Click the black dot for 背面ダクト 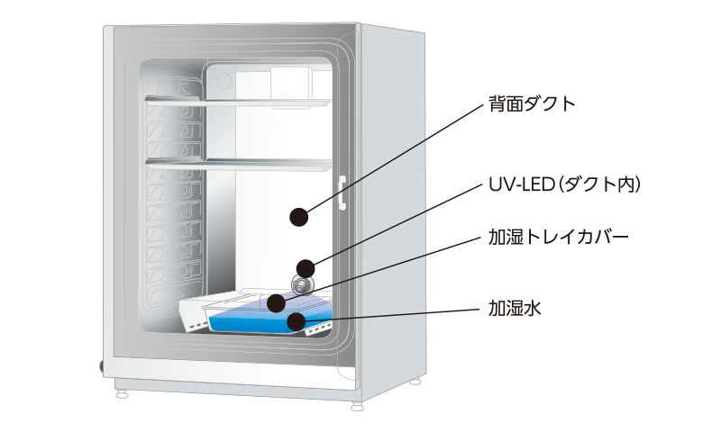(x=298, y=216)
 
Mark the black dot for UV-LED (x=306, y=267)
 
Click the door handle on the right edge (x=342, y=193)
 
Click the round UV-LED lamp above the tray (x=301, y=284)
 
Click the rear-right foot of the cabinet (x=415, y=382)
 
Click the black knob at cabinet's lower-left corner (x=100, y=366)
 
